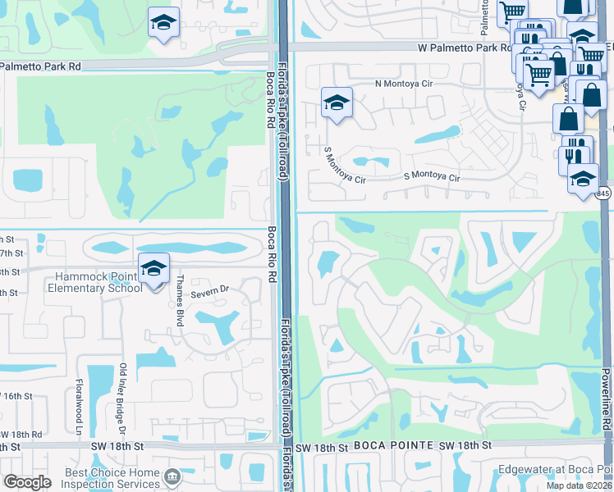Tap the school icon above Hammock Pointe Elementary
[153, 267]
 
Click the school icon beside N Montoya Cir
[337, 103]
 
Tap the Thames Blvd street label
[179, 302]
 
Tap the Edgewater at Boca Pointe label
[555, 470]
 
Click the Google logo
[27, 482]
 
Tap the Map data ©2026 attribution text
[579, 485]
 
